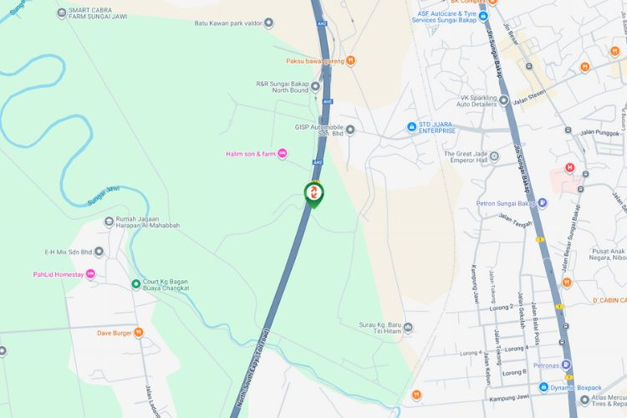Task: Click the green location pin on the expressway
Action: pyautogui.click(x=314, y=195)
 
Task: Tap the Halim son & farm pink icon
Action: pyautogui.click(x=283, y=153)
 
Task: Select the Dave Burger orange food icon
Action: pyautogui.click(x=139, y=333)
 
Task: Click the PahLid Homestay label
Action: pyautogui.click(x=59, y=274)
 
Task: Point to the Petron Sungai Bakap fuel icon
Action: pyautogui.click(x=542, y=201)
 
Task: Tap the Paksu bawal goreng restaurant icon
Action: pyautogui.click(x=351, y=60)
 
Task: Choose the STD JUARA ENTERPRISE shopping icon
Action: pyautogui.click(x=411, y=127)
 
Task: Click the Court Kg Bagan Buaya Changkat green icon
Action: pyautogui.click(x=136, y=283)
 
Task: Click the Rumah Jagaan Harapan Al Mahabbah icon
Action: pyautogui.click(x=109, y=222)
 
